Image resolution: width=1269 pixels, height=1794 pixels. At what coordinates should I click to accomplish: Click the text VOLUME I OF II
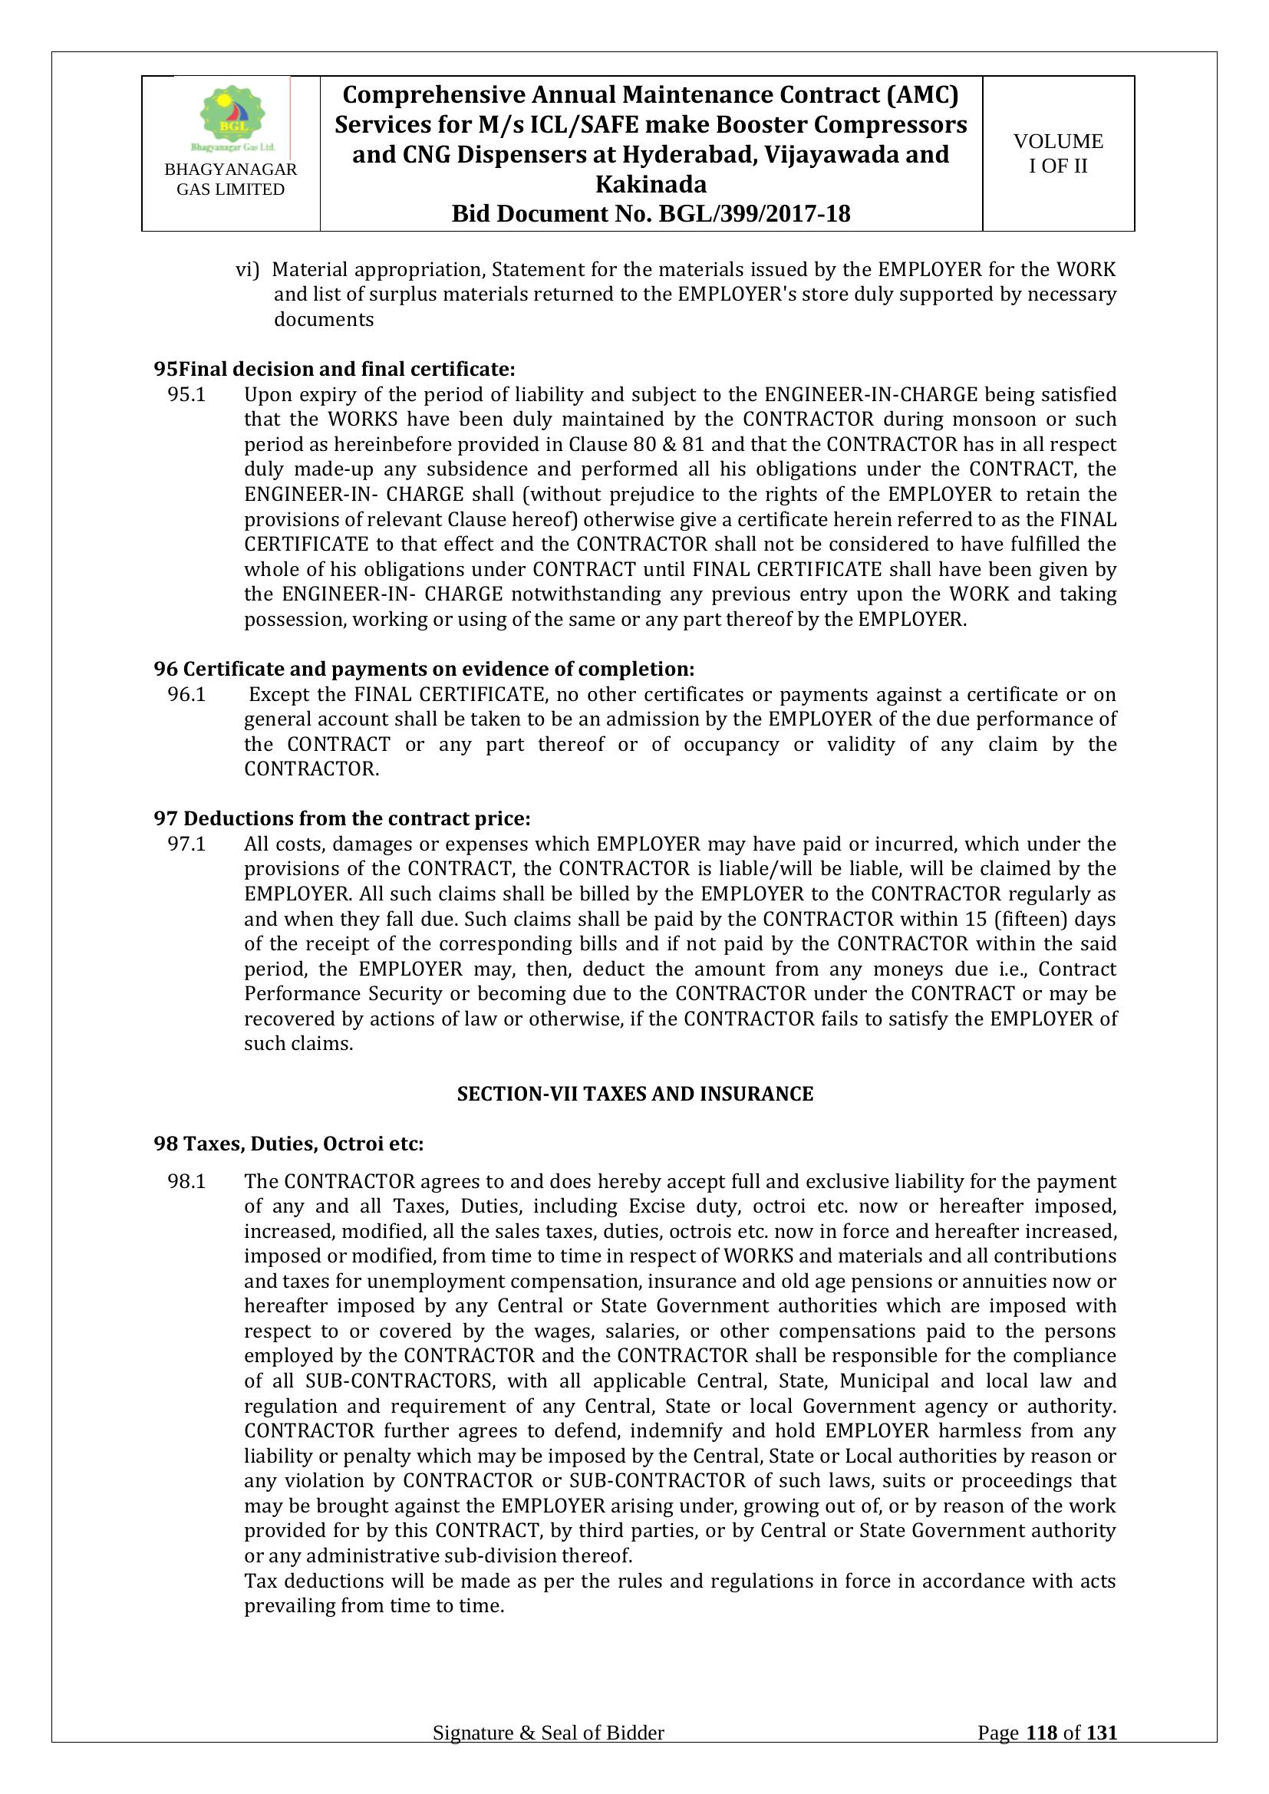(x=1058, y=153)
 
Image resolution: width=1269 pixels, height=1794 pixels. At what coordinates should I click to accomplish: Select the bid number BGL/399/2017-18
(x=755, y=213)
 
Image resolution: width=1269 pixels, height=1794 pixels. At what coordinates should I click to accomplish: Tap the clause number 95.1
(x=186, y=394)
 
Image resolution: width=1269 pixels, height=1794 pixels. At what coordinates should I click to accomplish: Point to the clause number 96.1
(x=186, y=695)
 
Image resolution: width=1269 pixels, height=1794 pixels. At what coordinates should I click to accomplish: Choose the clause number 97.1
(x=186, y=844)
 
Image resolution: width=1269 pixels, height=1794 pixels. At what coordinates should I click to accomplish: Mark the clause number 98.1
(x=186, y=1181)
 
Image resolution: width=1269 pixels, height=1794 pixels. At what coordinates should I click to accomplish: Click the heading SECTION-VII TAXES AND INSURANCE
(x=634, y=1094)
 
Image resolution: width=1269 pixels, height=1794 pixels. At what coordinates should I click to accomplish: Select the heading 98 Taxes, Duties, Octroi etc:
(x=288, y=1144)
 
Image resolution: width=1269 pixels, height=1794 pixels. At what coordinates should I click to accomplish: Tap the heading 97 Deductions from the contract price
(x=341, y=819)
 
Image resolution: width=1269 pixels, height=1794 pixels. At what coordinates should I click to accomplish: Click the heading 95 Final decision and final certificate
(x=334, y=369)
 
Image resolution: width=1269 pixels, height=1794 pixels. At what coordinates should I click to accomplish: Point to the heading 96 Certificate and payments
(x=424, y=670)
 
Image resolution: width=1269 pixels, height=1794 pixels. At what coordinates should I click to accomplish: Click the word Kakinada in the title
(x=651, y=184)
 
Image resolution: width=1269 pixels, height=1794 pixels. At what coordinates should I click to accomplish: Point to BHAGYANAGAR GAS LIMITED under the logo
(x=230, y=179)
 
